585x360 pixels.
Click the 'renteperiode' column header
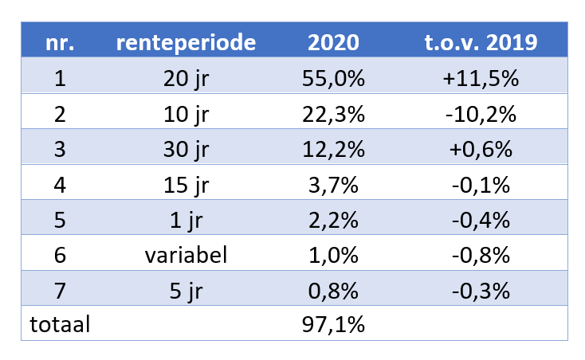tap(186, 43)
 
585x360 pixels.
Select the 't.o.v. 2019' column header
tap(481, 43)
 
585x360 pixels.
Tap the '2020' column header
tap(333, 43)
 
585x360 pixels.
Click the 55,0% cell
tap(333, 79)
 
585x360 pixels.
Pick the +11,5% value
tap(481, 79)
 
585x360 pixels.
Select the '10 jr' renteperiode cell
tap(186, 114)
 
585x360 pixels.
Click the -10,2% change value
tap(481, 114)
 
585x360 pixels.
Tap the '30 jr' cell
tap(186, 149)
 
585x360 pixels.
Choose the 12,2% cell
tap(333, 149)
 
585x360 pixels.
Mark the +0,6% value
tap(481, 149)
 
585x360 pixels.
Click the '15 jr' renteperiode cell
tap(186, 185)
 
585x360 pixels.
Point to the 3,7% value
tap(333, 185)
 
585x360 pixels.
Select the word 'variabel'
tap(186, 255)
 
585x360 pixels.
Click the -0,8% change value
tap(481, 255)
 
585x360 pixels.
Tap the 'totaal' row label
tap(60, 325)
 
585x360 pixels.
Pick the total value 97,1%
tap(333, 325)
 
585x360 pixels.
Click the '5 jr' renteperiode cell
tap(186, 290)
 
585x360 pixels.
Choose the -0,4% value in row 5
tap(481, 220)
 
